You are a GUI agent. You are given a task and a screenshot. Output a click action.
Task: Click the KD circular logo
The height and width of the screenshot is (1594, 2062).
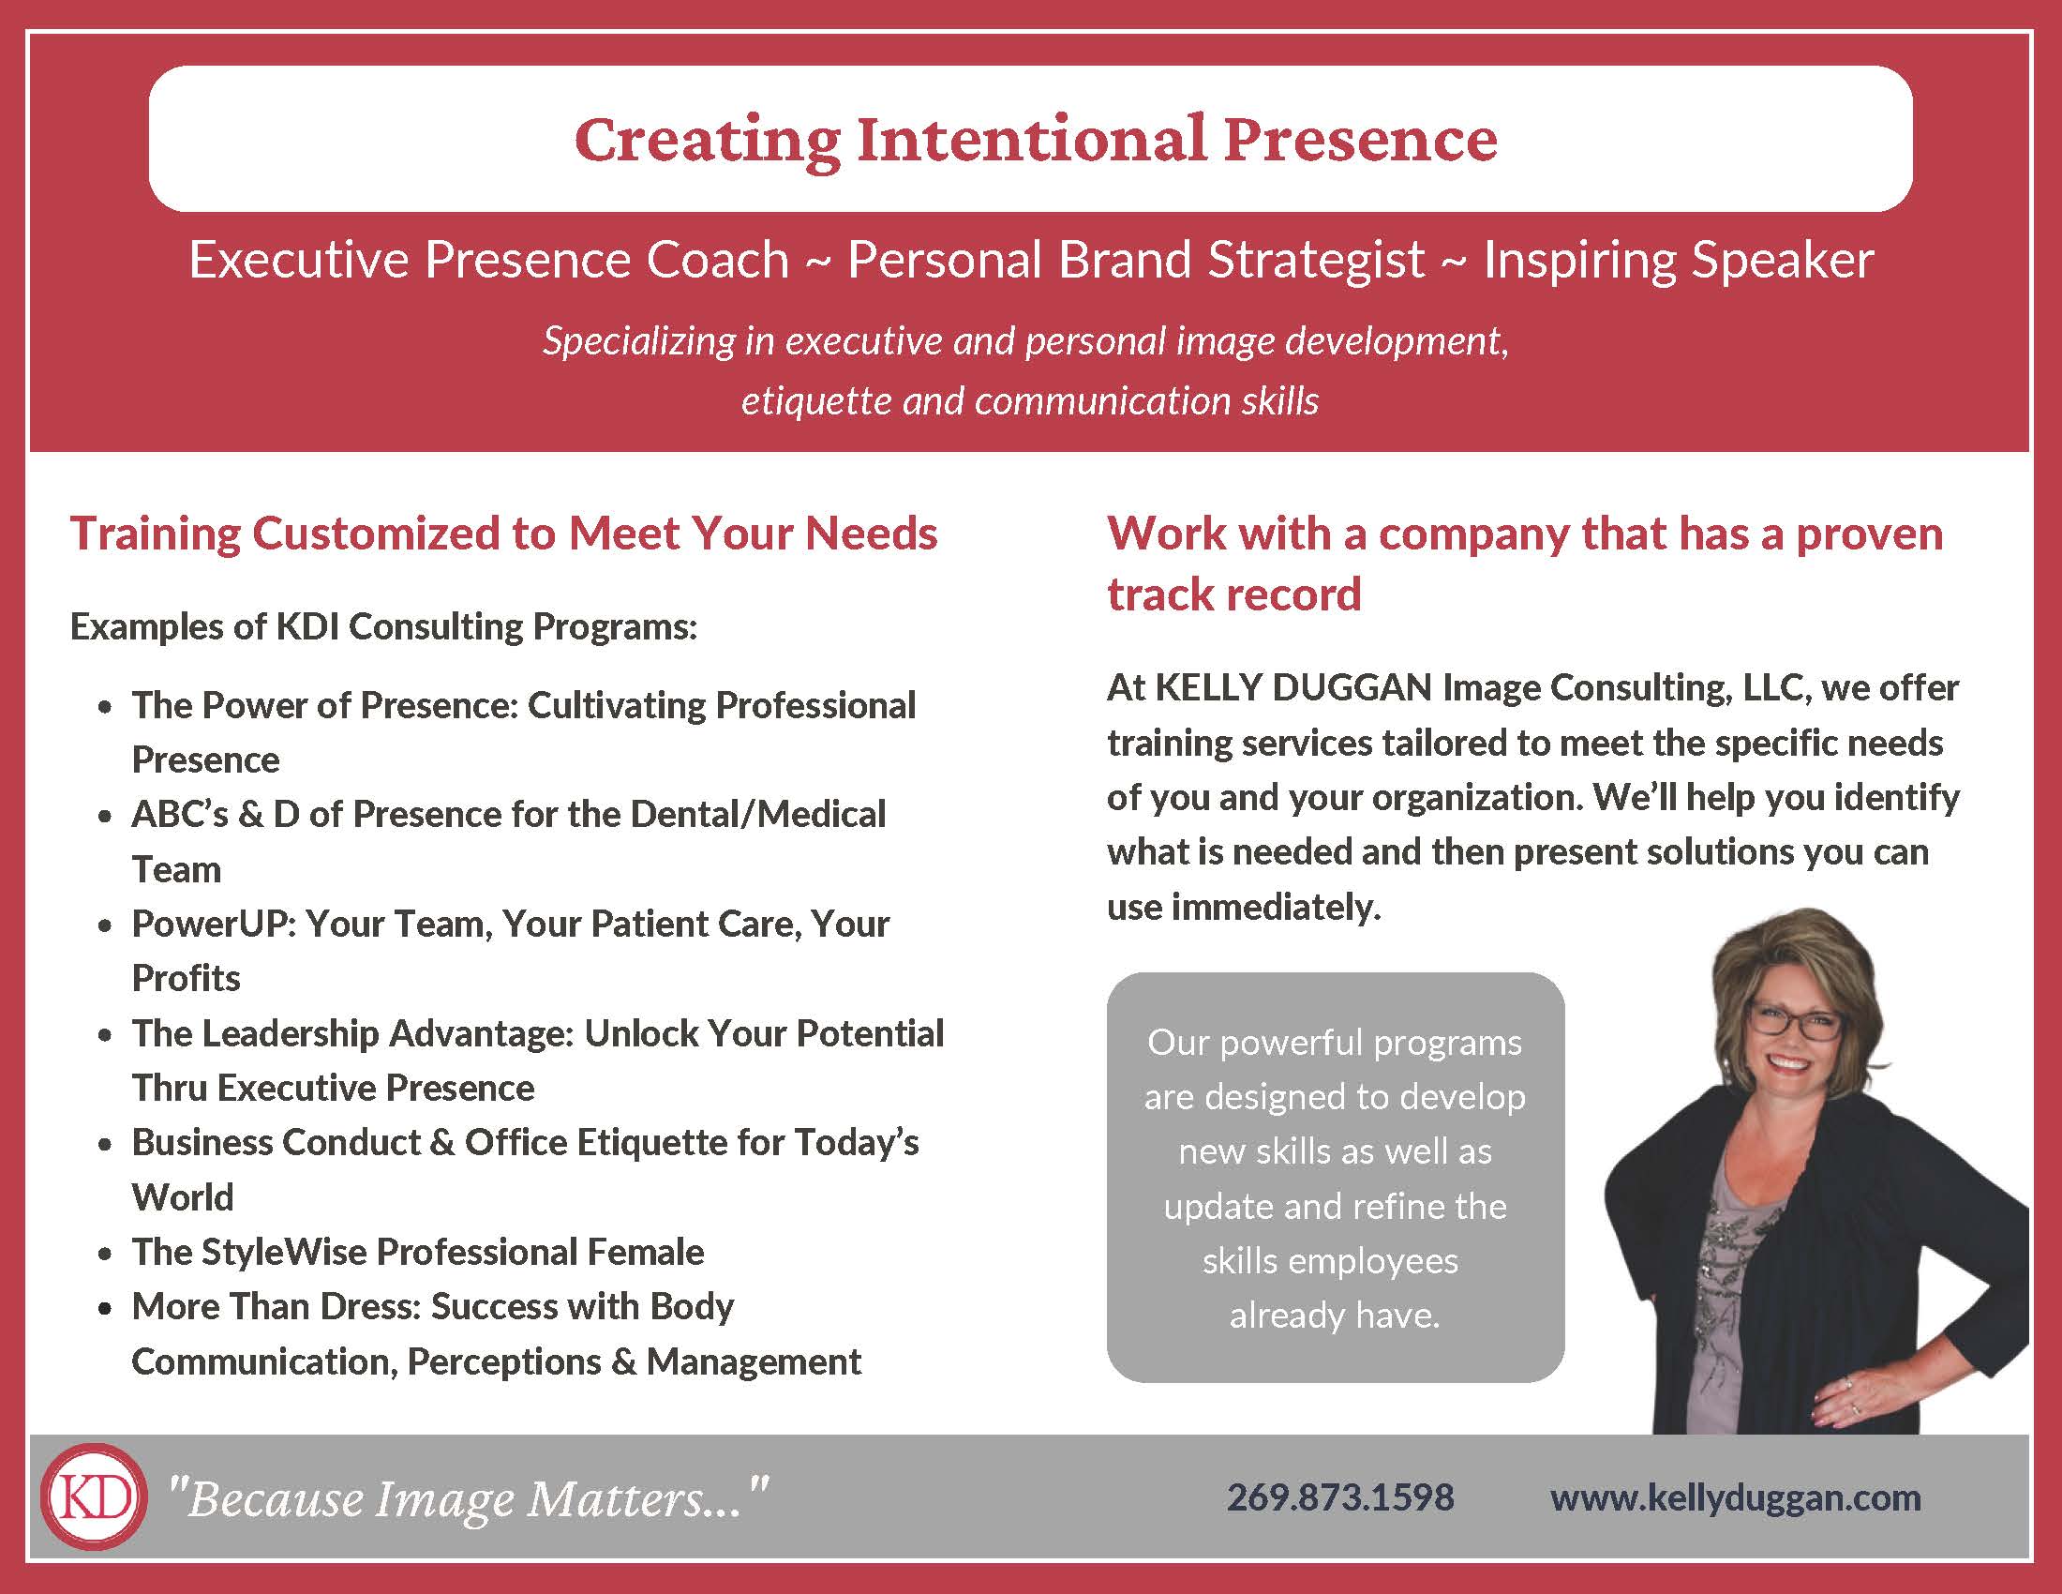95,1497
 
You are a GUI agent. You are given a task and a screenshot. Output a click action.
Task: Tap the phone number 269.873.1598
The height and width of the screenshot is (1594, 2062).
1340,1497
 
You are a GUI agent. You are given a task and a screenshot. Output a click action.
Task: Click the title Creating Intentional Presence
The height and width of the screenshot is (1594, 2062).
1036,140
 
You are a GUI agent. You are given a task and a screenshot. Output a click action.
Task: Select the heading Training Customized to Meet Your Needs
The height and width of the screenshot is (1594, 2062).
504,534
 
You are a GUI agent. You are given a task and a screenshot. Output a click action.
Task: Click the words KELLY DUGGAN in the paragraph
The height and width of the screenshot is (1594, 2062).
1293,687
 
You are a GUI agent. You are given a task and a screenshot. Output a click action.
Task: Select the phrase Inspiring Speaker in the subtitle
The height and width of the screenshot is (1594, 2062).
1679,260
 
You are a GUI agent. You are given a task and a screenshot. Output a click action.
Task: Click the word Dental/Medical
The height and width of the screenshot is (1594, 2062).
758,814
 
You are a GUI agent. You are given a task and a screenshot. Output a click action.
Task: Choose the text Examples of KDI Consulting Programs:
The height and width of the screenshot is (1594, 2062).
384,627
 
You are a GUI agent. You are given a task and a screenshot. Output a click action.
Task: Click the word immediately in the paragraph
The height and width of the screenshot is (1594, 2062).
1276,907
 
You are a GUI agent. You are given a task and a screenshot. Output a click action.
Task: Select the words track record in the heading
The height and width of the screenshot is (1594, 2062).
1234,594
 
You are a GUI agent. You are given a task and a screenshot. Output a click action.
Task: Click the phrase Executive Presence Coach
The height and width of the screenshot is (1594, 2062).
489,260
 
